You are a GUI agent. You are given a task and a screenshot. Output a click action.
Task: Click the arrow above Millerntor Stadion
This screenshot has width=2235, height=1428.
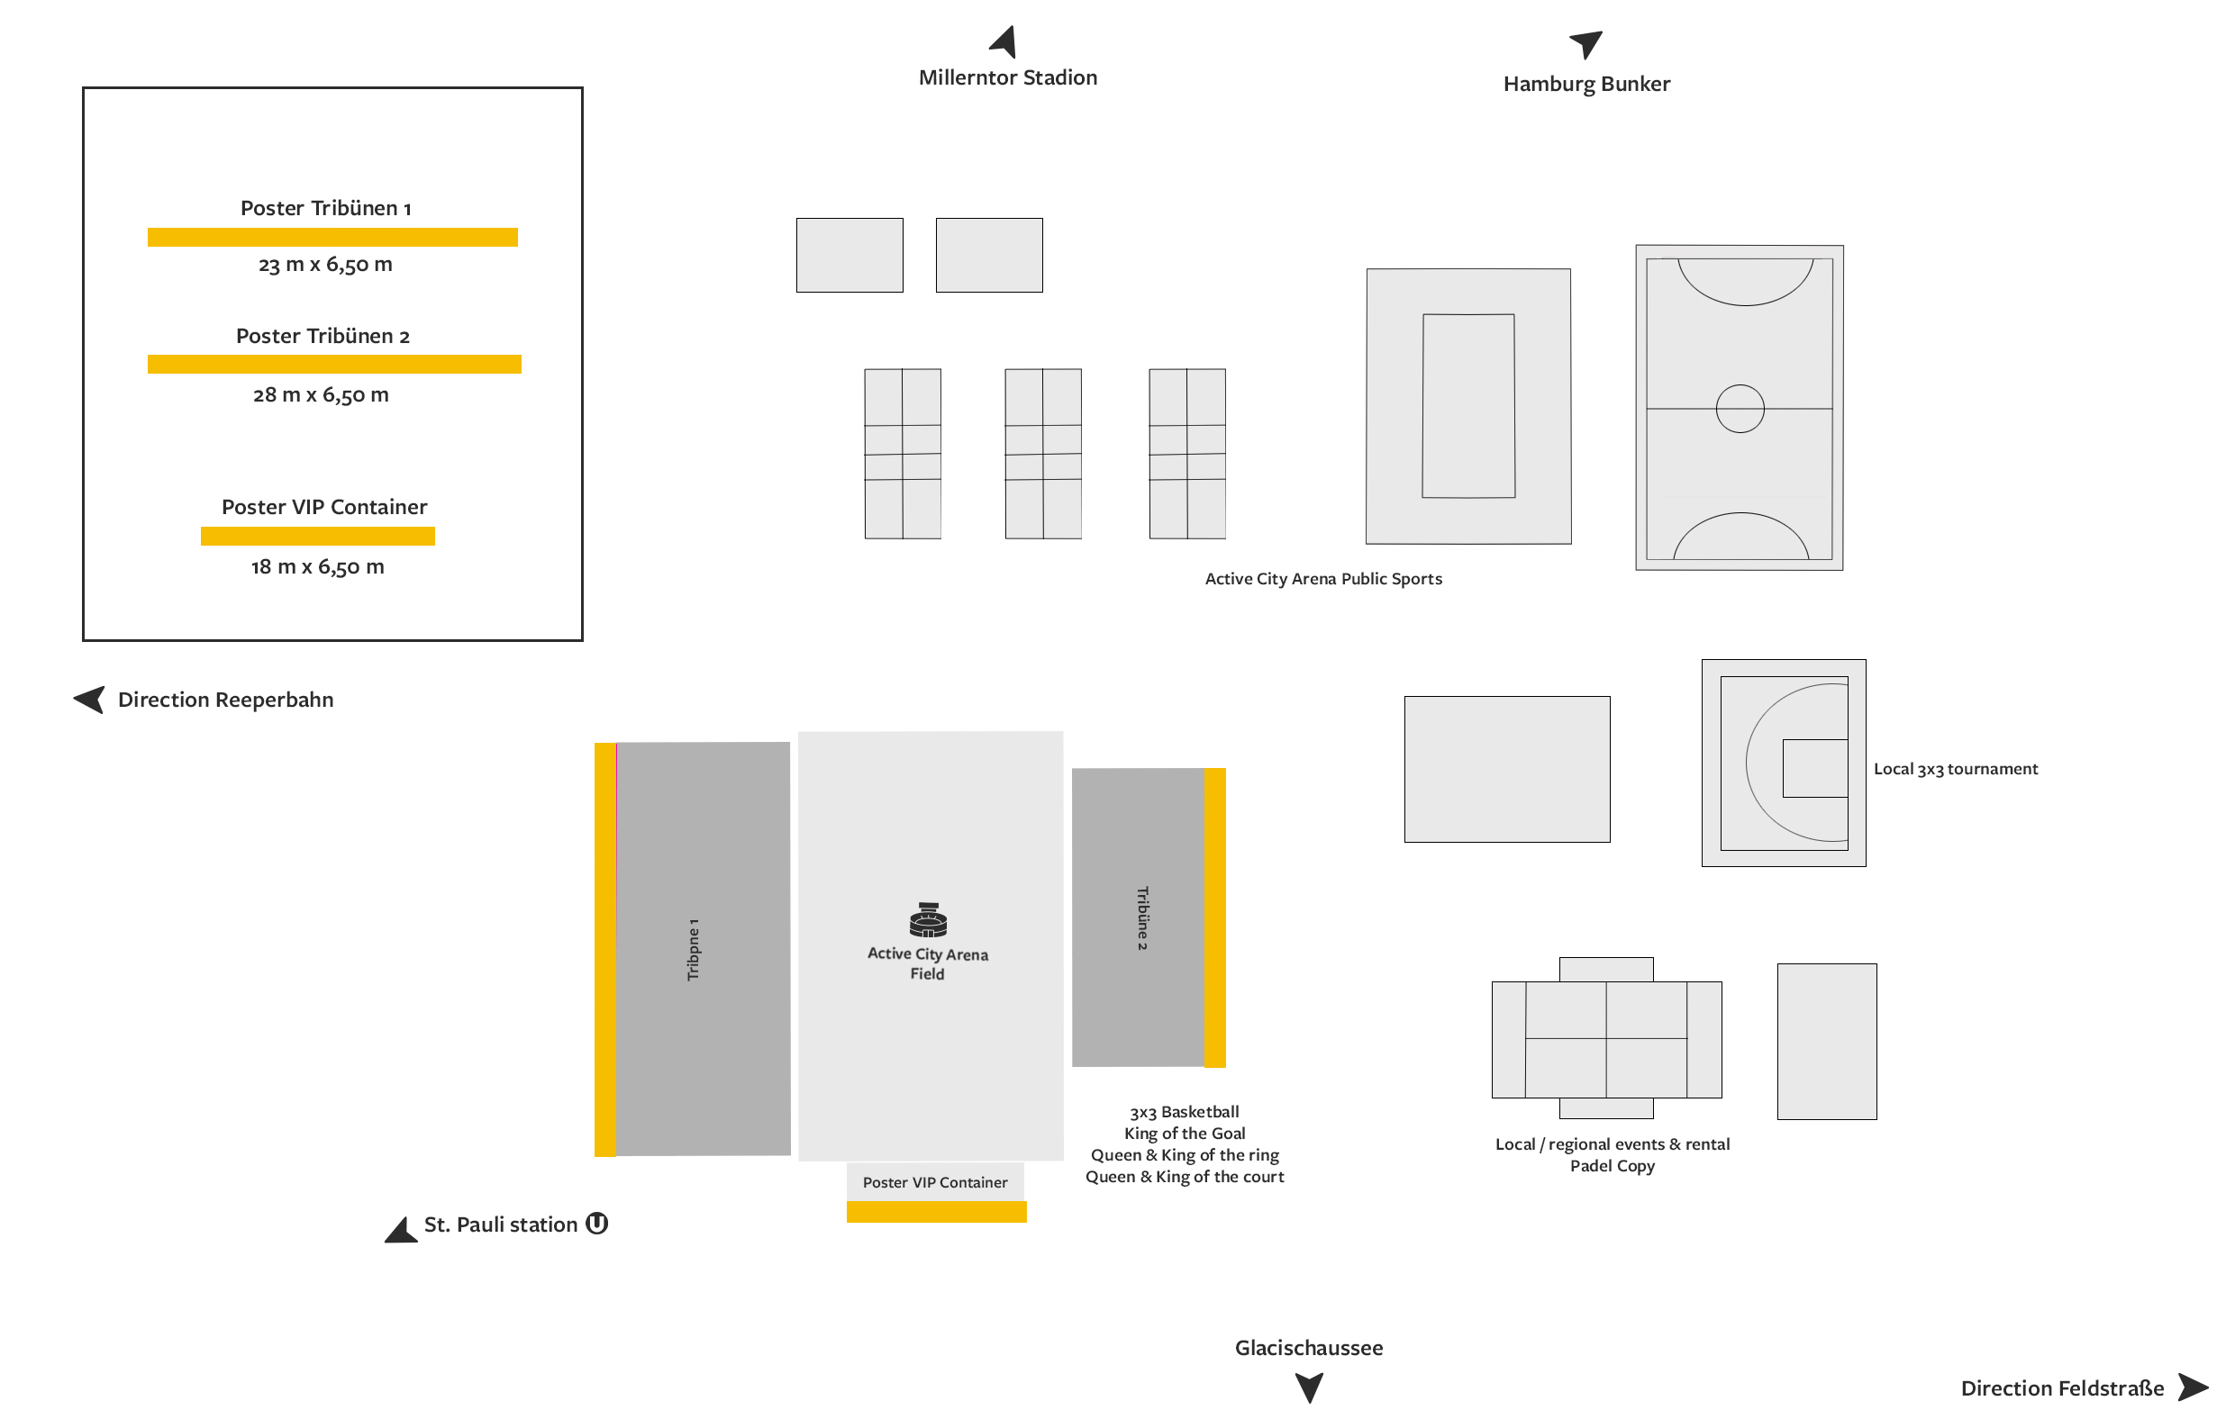pos(1004,41)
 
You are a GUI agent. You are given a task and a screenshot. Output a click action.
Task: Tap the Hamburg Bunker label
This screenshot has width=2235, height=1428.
pos(1586,84)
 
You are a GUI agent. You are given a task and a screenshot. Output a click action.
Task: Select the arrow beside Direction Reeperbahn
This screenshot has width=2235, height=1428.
pos(90,699)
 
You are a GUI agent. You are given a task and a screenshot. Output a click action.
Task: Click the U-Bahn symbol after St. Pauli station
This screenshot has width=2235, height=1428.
pos(596,1224)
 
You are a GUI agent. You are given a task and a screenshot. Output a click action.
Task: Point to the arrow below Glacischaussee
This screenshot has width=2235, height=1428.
pos(1309,1387)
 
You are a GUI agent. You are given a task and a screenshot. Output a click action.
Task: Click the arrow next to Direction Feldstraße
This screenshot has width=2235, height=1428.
pos(2193,1387)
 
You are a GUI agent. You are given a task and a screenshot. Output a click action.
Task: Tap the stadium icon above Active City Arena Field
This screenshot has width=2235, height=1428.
pos(928,919)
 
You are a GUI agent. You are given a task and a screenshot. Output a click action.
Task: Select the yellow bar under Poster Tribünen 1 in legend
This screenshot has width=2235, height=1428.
pos(332,238)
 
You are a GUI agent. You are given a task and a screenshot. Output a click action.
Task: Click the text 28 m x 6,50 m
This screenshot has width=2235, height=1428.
pos(321,394)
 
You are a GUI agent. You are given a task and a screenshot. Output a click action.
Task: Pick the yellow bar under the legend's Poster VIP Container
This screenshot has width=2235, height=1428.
pos(317,537)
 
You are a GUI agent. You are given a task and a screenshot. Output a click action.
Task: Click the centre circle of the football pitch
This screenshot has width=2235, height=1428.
pos(1740,408)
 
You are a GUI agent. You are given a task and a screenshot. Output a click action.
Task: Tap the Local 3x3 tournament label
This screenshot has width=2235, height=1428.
pos(1956,768)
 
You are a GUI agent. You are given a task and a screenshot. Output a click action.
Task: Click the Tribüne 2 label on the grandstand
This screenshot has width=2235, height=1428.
pos(1142,917)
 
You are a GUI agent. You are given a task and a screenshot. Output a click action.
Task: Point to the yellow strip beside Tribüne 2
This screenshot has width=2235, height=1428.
pos(1215,917)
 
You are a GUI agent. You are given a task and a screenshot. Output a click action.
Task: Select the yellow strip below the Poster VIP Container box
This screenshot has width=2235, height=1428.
pos(937,1212)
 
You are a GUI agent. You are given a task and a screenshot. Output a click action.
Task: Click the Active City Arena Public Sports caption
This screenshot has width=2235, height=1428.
pos(1323,579)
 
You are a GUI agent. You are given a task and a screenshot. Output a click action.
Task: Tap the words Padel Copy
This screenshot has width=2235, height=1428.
pos(1613,1165)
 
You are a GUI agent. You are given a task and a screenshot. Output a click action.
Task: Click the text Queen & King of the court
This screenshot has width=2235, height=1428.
pos(1185,1177)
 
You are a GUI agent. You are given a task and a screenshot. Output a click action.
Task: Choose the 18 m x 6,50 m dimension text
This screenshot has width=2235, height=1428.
pos(317,566)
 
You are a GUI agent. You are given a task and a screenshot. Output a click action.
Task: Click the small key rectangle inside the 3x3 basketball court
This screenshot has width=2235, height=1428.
pos(1815,768)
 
